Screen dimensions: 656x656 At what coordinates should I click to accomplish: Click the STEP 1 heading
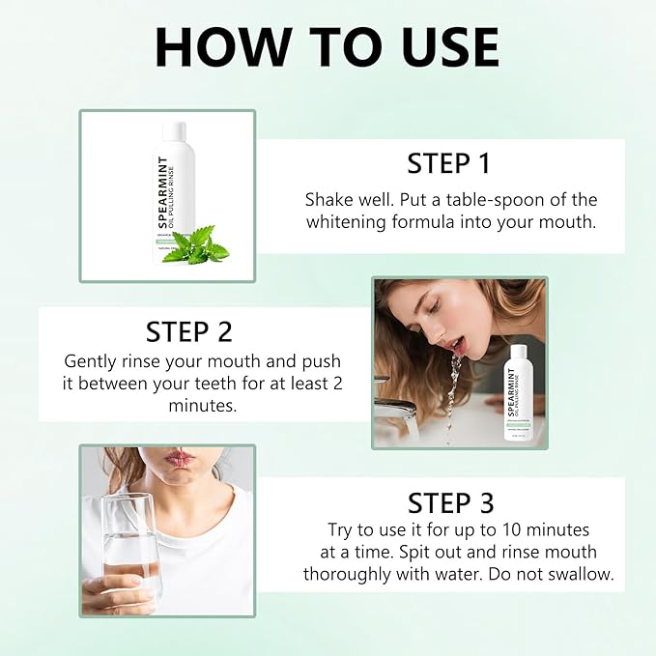pos(448,162)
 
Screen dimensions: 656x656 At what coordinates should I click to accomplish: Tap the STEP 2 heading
pos(189,331)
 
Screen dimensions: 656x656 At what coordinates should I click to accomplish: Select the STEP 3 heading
pos(450,502)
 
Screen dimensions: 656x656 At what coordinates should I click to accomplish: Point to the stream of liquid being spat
pos(452,386)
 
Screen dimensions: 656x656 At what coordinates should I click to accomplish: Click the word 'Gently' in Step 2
pos(91,360)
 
